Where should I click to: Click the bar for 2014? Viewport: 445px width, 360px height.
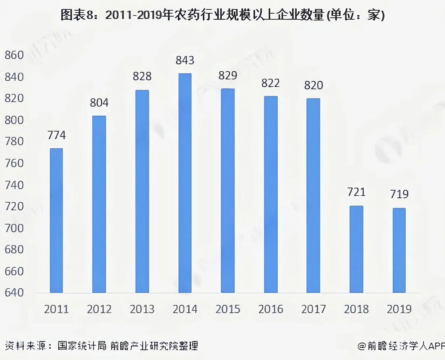point(185,183)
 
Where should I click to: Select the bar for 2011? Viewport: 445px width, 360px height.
point(56,221)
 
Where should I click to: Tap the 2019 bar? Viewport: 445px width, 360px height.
point(399,250)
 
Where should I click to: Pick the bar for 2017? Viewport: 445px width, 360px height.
point(313,196)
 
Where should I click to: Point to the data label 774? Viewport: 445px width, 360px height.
point(56,135)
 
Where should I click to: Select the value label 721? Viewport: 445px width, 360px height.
point(356,192)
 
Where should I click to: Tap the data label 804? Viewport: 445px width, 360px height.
point(99,103)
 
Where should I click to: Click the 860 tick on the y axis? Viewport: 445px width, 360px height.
point(14,55)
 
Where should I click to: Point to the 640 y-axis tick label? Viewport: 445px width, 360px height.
point(14,293)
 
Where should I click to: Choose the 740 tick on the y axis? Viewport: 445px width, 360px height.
point(14,185)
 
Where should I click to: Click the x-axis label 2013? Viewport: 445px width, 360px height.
point(142,309)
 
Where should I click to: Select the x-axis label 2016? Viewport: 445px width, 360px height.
point(270,309)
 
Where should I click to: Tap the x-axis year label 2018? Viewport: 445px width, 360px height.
point(356,309)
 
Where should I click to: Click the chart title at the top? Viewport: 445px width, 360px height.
point(222,15)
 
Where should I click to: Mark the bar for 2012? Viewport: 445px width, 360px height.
point(99,204)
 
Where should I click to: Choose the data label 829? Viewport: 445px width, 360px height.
point(227,76)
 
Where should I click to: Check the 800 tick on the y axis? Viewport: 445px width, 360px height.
point(14,120)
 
